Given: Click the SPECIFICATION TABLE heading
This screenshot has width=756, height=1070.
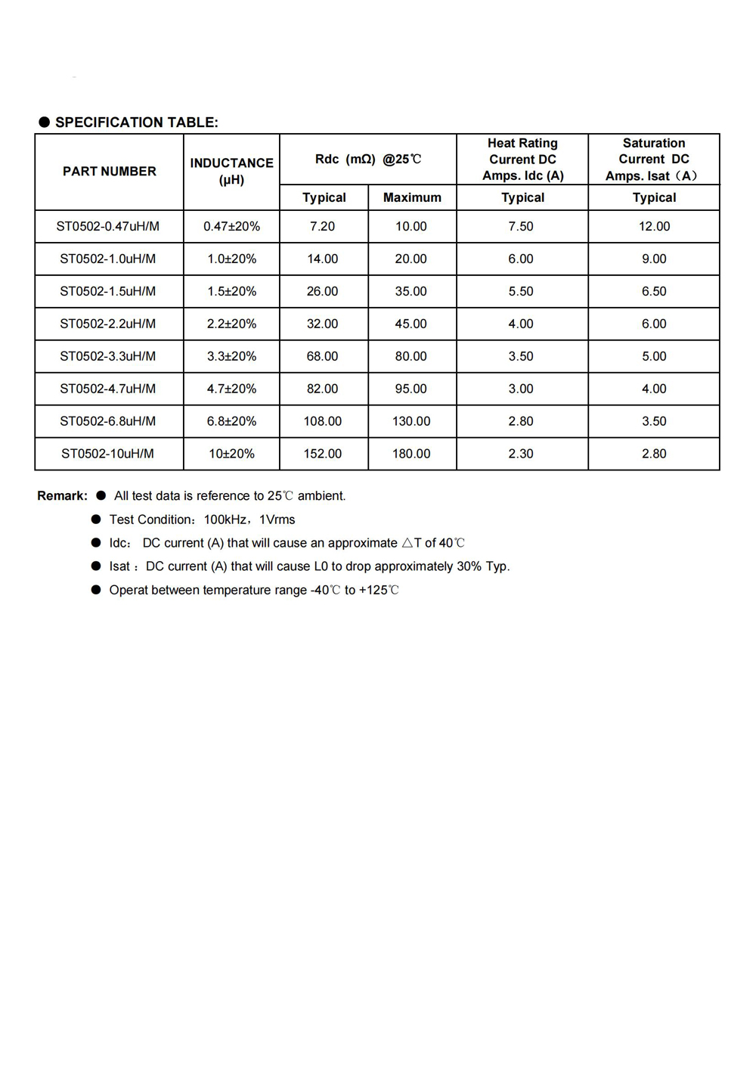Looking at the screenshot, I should point(136,123).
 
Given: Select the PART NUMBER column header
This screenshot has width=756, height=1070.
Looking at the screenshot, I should point(109,172).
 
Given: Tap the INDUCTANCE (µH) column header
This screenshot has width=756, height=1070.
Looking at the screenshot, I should point(231,172).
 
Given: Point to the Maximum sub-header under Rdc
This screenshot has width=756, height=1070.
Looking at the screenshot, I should point(412,197).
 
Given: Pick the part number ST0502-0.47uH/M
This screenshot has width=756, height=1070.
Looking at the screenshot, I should point(108,226).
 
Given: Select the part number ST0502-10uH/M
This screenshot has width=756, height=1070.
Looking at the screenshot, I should point(107,454).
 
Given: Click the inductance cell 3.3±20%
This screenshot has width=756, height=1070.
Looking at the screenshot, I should point(231,356).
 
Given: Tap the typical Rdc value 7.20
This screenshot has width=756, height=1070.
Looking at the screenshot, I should point(322,226).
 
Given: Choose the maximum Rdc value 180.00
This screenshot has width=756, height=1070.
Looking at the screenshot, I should point(411,454).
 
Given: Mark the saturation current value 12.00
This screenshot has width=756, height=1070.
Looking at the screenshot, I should point(654,226).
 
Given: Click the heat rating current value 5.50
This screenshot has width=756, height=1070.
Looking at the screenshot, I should point(521,291).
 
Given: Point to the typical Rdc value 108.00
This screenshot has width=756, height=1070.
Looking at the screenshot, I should point(323,421).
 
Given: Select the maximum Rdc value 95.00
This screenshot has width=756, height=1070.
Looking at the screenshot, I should point(411,389).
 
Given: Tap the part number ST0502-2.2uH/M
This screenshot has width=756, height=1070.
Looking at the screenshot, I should point(108,324).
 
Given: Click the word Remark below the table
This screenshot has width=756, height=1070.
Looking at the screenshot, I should point(62,496).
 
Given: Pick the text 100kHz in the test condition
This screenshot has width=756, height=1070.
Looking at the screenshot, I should point(225,519).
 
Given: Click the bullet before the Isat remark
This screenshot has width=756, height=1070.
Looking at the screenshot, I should point(96,566).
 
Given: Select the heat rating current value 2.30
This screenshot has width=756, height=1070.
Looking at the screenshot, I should point(521,454).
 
